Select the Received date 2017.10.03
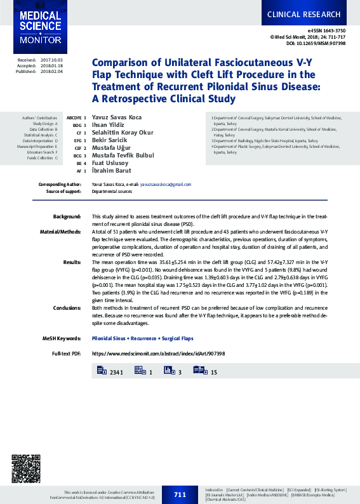click(x=52, y=59)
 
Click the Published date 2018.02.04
click(x=52, y=72)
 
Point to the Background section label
click(x=67, y=216)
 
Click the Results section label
click(x=72, y=262)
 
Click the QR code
click(x=26, y=470)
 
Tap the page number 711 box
click(x=180, y=494)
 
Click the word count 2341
click(x=116, y=371)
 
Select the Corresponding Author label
click(x=60, y=184)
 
